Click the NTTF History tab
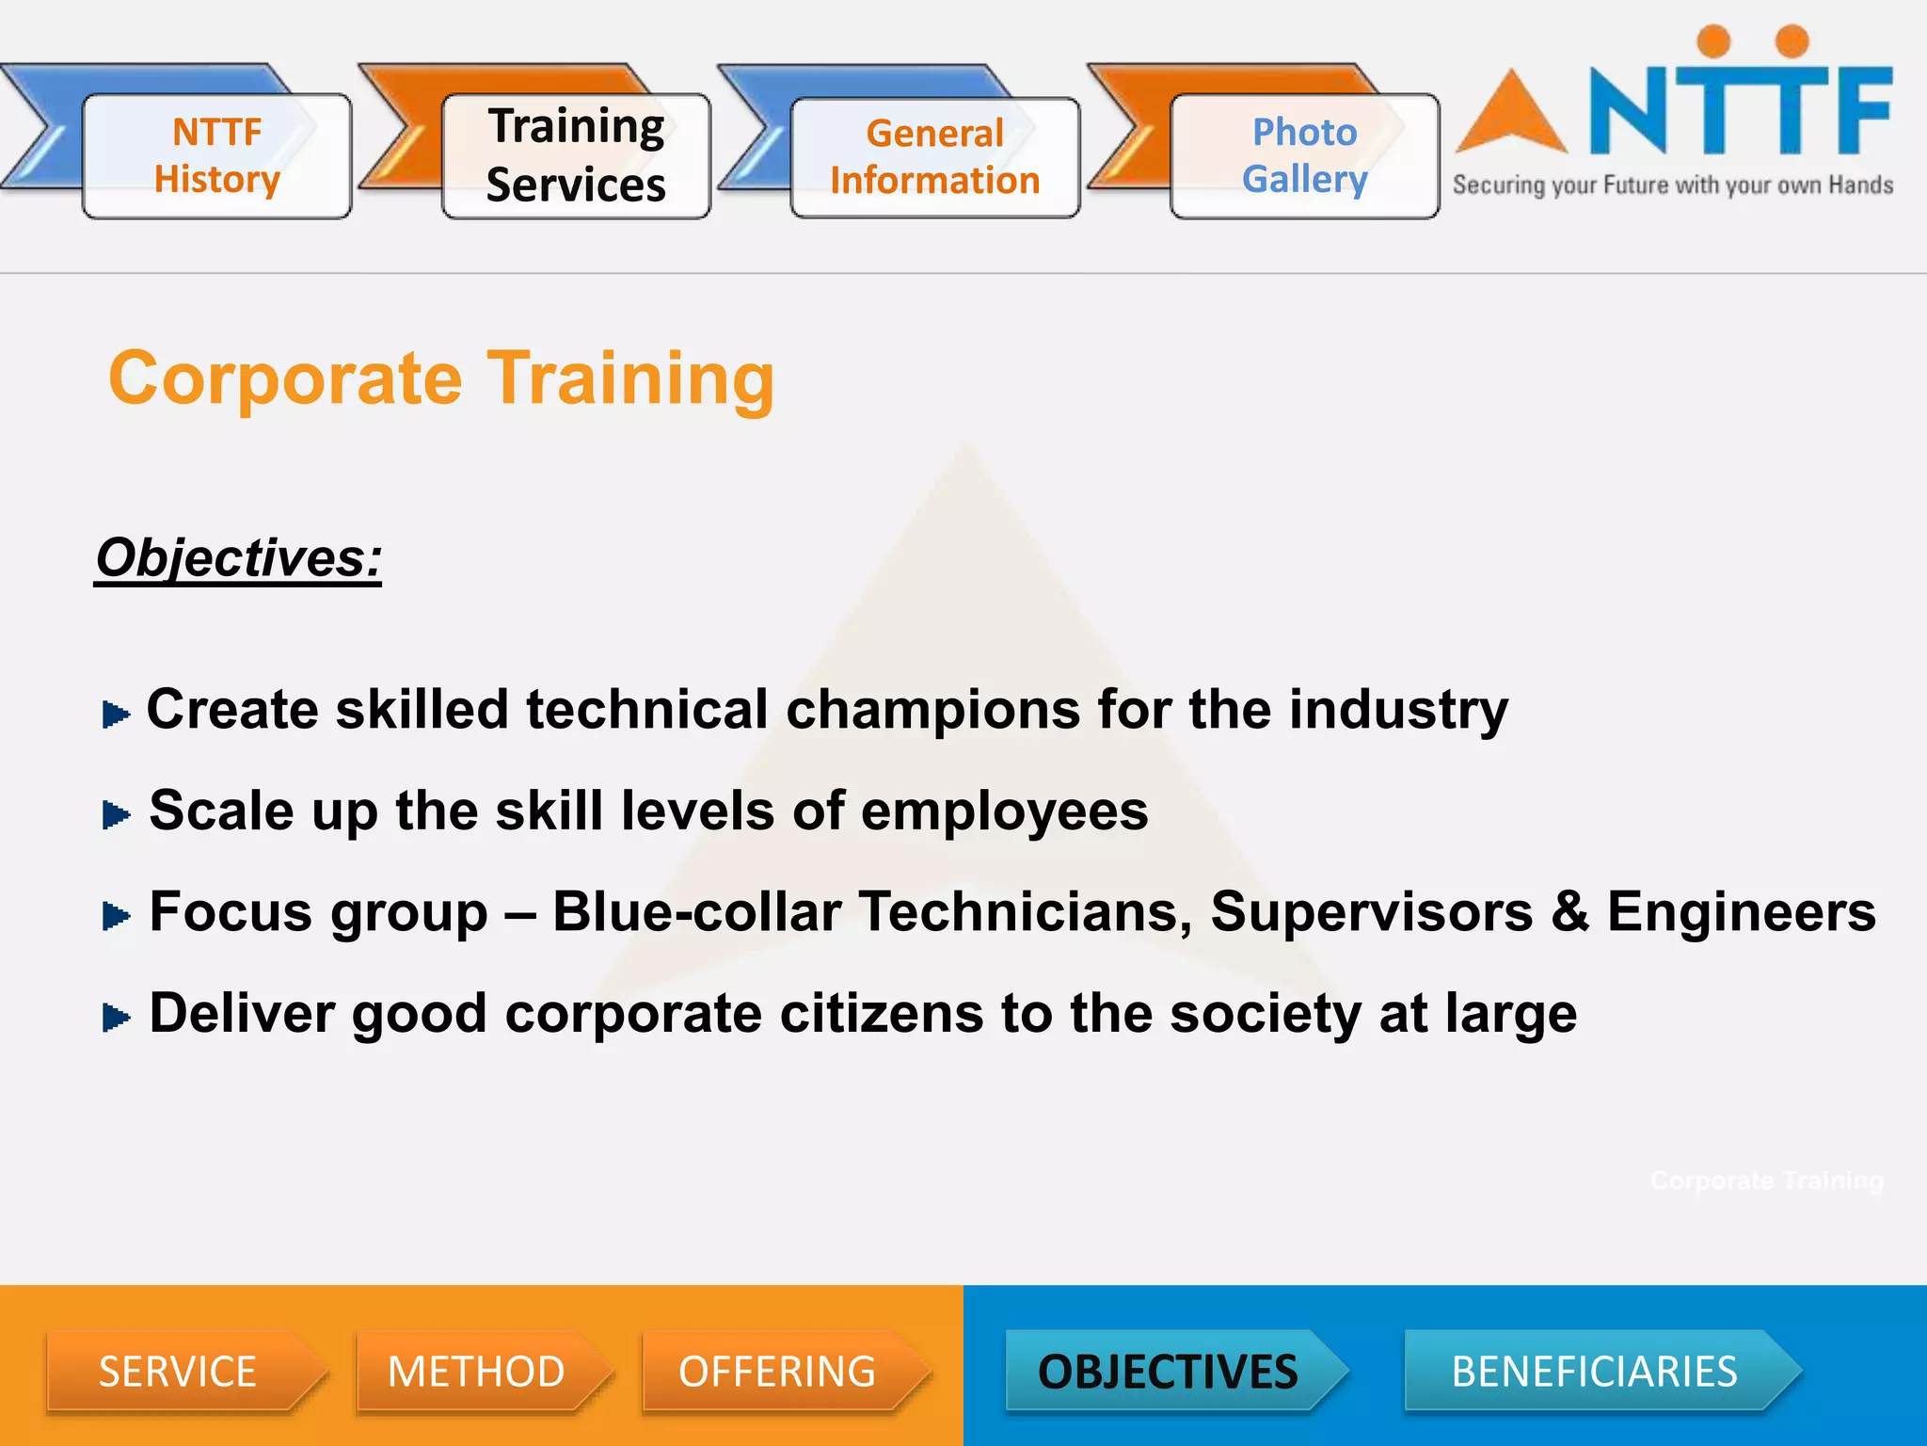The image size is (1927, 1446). point(216,156)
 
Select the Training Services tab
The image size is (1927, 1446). point(576,156)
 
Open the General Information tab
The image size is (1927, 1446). point(934,157)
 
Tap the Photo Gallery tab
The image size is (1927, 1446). point(1304,156)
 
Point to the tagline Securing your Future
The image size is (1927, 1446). point(1672,185)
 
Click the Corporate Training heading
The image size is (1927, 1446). point(441,378)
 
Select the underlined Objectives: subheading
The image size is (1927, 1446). point(239,558)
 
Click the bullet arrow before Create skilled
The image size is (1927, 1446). point(116,715)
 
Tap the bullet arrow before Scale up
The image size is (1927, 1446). point(116,815)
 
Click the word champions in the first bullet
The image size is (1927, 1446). point(932,711)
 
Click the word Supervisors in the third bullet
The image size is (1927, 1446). point(1371,912)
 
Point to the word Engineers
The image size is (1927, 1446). point(1741,912)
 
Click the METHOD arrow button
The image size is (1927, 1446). point(477,1372)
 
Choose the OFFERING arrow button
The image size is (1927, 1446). point(778,1372)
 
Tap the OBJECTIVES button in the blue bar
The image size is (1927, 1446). point(1168,1372)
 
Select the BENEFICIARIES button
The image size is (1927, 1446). point(1594,1372)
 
